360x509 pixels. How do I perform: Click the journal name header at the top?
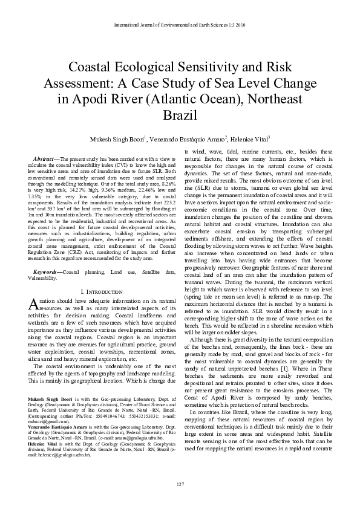[180, 25]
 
